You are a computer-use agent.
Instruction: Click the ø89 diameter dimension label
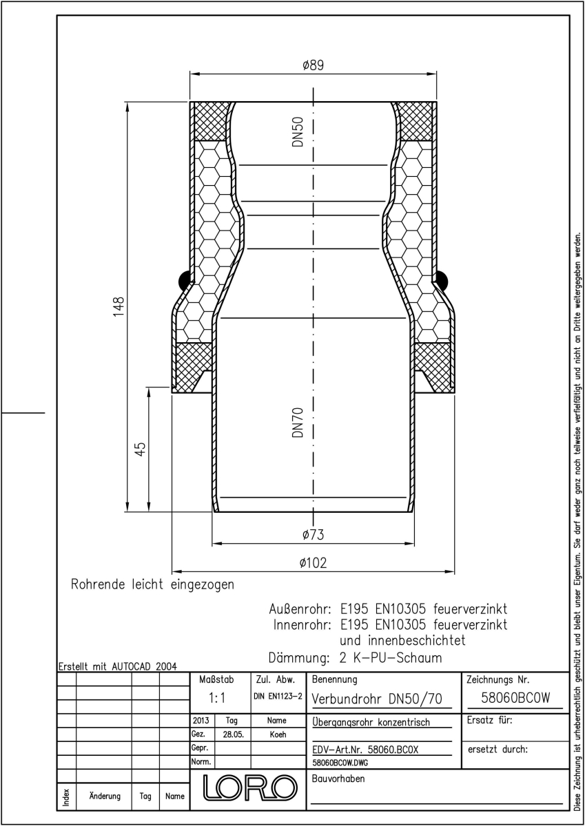click(313, 65)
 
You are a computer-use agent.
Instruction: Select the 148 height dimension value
click(119, 306)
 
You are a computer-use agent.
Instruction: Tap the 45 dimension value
click(141, 449)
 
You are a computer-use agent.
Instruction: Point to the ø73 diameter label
click(313, 534)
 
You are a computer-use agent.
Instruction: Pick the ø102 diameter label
click(313, 563)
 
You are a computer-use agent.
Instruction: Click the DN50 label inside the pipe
click(298, 131)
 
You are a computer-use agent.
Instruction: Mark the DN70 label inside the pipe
click(298, 423)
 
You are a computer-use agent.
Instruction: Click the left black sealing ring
click(184, 280)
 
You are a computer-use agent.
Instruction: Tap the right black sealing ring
click(442, 280)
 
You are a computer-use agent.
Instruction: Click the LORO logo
click(250, 788)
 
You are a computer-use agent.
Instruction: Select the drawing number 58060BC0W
click(515, 698)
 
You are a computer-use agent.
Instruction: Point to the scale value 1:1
click(216, 698)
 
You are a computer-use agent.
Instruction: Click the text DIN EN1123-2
click(278, 696)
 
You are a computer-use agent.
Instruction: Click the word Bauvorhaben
click(338, 779)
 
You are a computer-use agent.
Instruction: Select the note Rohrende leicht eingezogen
click(152, 585)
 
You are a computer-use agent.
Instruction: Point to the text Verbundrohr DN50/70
click(377, 699)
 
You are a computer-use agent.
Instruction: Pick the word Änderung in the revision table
click(105, 796)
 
